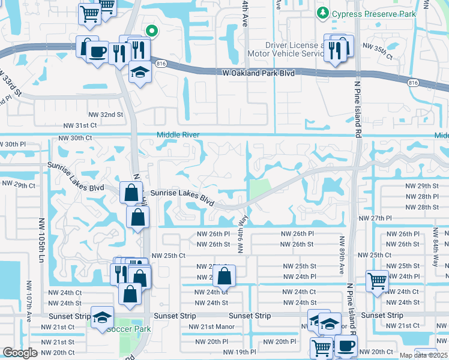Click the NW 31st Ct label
(80, 125)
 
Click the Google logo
(20, 353)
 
